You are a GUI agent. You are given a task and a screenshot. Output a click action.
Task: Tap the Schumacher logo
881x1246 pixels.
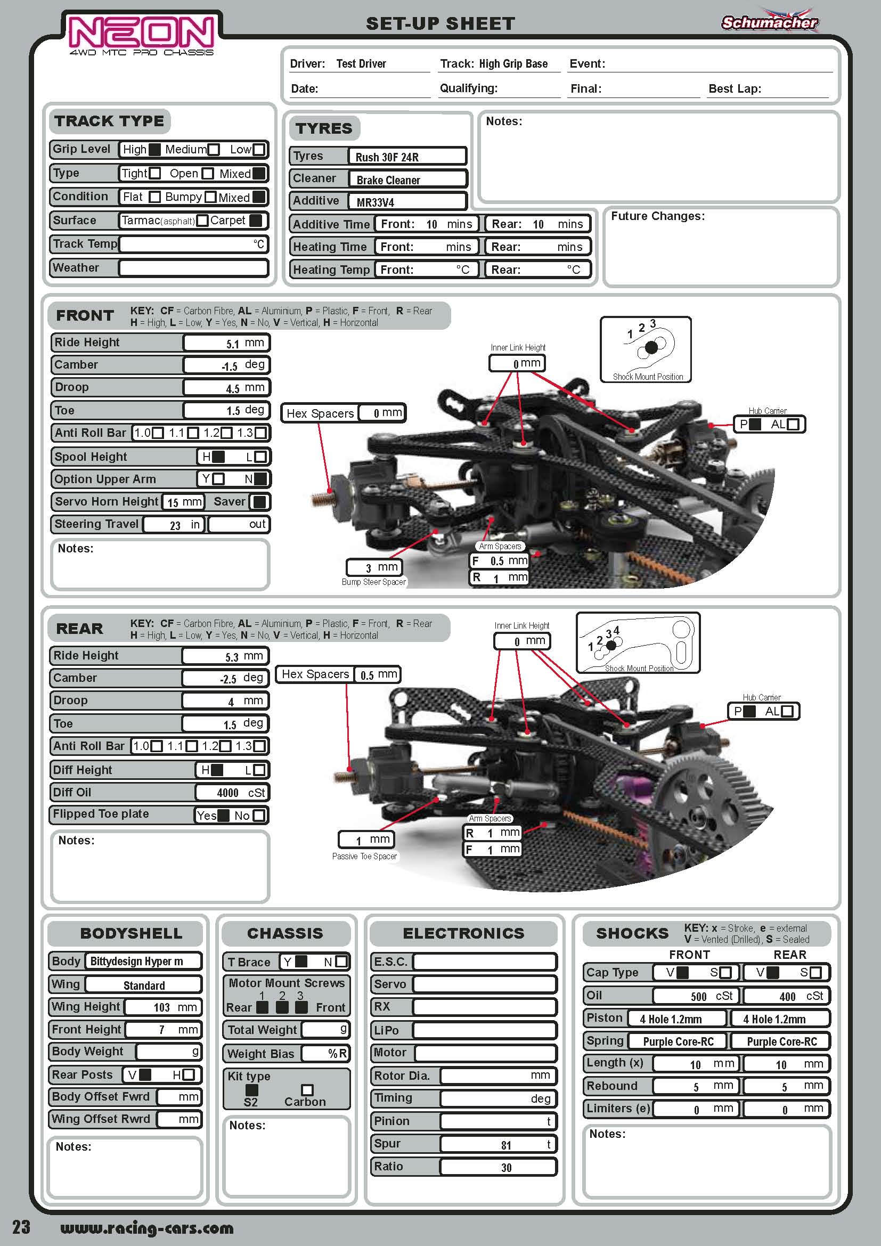[769, 22]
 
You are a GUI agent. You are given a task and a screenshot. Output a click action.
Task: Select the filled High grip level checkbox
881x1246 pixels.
[154, 150]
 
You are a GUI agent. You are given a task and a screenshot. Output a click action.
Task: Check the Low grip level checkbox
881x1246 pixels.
[259, 150]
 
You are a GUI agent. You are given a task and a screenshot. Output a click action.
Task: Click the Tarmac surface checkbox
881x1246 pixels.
[202, 221]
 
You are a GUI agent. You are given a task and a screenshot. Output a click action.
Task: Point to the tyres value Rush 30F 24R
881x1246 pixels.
[387, 157]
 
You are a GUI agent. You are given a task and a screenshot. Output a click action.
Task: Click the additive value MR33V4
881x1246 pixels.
[376, 202]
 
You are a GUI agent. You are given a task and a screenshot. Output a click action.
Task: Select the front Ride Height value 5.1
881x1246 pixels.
[233, 344]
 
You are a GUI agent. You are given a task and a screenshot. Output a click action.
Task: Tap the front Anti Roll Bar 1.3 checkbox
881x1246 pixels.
[260, 433]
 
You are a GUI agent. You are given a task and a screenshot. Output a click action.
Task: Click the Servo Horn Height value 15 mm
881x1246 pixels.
[184, 502]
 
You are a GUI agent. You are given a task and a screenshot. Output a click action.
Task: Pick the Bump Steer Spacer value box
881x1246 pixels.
[374, 568]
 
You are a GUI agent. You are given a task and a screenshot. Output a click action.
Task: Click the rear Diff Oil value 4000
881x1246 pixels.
[228, 793]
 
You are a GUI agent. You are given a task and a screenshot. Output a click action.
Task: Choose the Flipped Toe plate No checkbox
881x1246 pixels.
[259, 815]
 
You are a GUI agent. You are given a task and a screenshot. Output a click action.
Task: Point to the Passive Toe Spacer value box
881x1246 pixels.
[366, 840]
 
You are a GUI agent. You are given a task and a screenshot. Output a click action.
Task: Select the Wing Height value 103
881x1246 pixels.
[162, 1008]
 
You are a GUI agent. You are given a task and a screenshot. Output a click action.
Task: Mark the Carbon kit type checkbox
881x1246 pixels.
[307, 1090]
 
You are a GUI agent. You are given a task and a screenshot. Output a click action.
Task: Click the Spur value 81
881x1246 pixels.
[505, 1144]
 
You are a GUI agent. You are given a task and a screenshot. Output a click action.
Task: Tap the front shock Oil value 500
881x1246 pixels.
[698, 996]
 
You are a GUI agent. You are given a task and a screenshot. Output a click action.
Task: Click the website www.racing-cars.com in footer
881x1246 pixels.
[146, 1227]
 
